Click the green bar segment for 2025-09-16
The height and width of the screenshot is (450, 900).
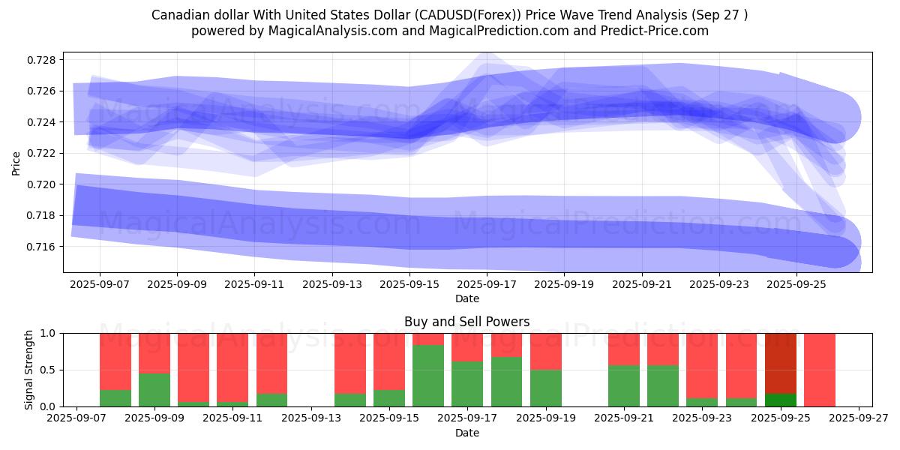[428, 376]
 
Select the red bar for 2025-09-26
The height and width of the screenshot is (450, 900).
[820, 370]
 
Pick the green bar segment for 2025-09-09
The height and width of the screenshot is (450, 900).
[154, 390]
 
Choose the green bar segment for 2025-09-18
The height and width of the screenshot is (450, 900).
[506, 382]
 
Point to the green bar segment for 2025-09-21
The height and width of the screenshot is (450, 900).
[624, 385]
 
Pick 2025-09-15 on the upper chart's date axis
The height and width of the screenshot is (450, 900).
[409, 285]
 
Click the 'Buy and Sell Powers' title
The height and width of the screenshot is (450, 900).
[466, 322]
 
